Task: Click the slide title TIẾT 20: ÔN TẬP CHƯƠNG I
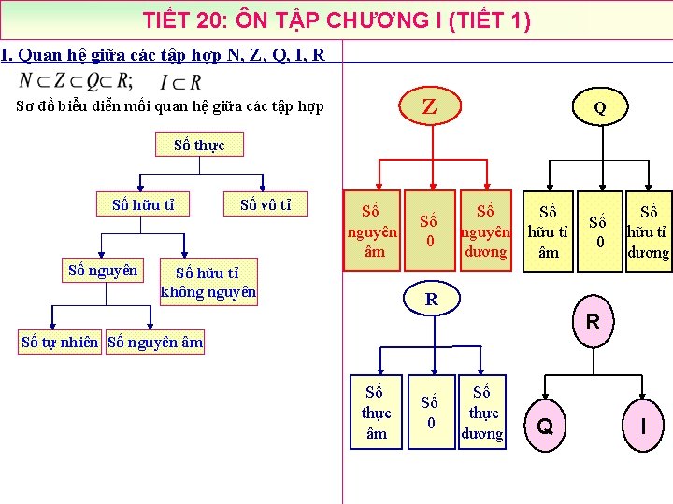click(x=336, y=20)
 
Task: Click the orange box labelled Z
click(x=429, y=106)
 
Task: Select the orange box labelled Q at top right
click(x=599, y=107)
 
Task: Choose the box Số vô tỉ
click(x=265, y=204)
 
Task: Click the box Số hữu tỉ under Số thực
click(x=144, y=204)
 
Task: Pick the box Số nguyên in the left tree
click(x=103, y=271)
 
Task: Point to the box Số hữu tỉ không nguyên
click(x=208, y=282)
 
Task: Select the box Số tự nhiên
click(x=62, y=343)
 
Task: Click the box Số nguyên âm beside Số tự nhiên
click(x=155, y=343)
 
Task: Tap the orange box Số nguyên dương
click(x=484, y=231)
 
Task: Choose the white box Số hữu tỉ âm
click(x=548, y=231)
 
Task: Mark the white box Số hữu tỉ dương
click(x=648, y=231)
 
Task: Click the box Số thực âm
click(x=377, y=412)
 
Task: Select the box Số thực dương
click(x=483, y=412)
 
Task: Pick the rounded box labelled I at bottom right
click(x=643, y=426)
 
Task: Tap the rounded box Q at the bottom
click(x=547, y=427)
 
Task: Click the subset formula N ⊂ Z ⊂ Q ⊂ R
click(x=77, y=81)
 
